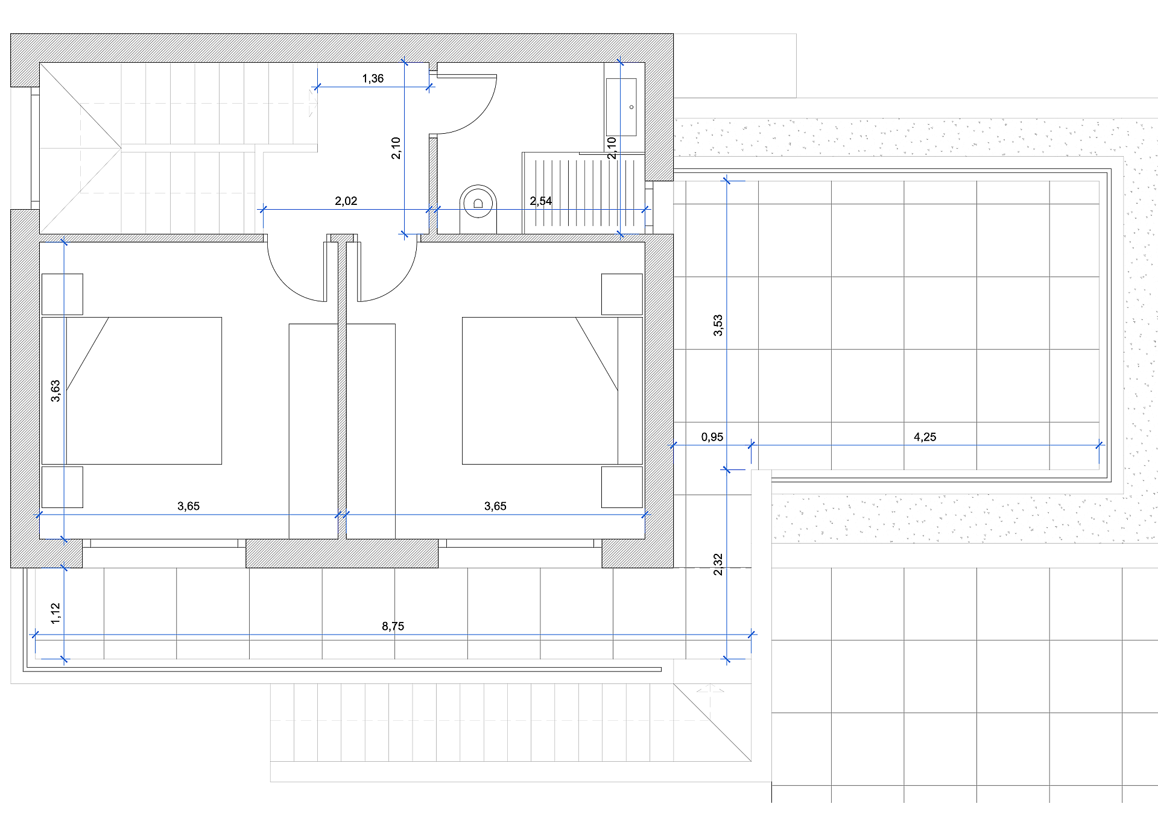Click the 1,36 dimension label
pos(373,78)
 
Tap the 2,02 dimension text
pos(346,201)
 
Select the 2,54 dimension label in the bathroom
pos(541,201)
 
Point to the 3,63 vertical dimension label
pos(55,391)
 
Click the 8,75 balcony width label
pos(393,626)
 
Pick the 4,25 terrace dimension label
pos(925,437)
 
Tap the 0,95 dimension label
pos(712,437)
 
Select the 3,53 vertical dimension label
pos(718,325)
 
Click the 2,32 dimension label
pos(718,565)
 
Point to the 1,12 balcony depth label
pos(55,614)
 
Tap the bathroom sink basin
pos(621,107)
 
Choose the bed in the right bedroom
pos(552,391)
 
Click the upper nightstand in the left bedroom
pos(62,294)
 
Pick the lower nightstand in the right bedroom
pos(622,487)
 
